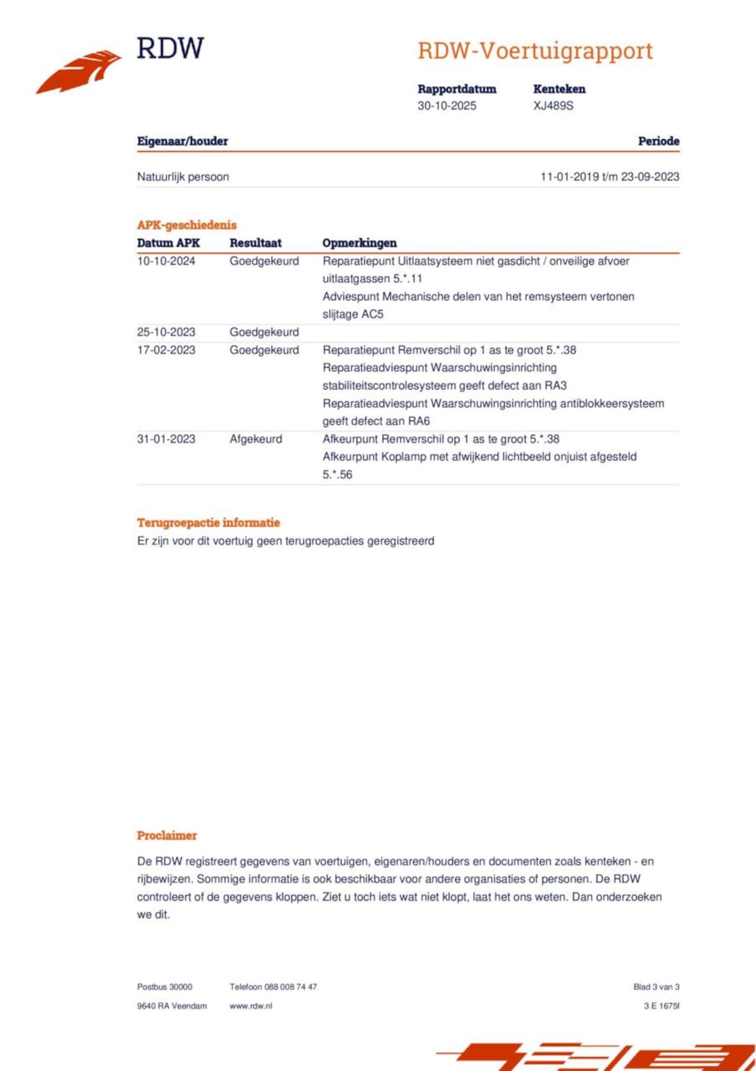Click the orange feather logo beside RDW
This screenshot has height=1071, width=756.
80,72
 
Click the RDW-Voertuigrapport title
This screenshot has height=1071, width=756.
535,51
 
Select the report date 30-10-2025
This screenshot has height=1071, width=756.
447,106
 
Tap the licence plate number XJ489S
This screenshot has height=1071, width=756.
553,106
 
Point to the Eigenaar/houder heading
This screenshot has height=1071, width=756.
182,141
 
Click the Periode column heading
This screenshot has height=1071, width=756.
658,141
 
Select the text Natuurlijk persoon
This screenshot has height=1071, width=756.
183,177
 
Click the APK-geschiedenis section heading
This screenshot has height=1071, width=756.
187,225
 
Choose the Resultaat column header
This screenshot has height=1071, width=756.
255,243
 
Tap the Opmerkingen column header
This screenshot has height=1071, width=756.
359,243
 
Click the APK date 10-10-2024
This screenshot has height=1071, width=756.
166,261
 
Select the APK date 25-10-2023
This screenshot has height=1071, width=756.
166,332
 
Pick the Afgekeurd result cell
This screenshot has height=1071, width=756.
256,439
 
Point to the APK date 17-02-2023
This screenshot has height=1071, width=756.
166,350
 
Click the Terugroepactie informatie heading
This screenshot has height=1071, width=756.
208,522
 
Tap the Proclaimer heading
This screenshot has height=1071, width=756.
167,836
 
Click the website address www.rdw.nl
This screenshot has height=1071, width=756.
250,1006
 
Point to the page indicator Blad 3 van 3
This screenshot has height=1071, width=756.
656,987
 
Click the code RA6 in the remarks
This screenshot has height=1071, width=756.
419,421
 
